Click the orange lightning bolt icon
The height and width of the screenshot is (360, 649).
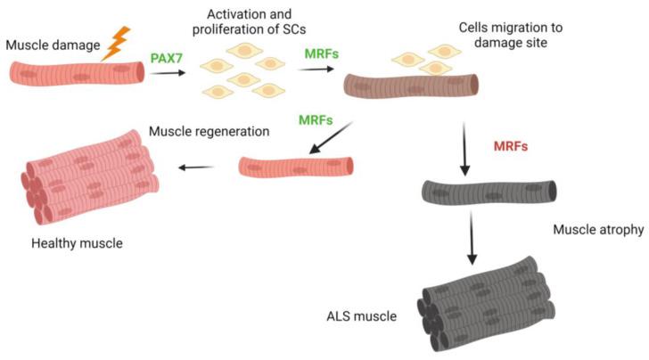(x=117, y=42)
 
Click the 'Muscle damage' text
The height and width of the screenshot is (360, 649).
(x=50, y=44)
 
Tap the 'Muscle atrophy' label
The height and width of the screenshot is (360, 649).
(x=603, y=230)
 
